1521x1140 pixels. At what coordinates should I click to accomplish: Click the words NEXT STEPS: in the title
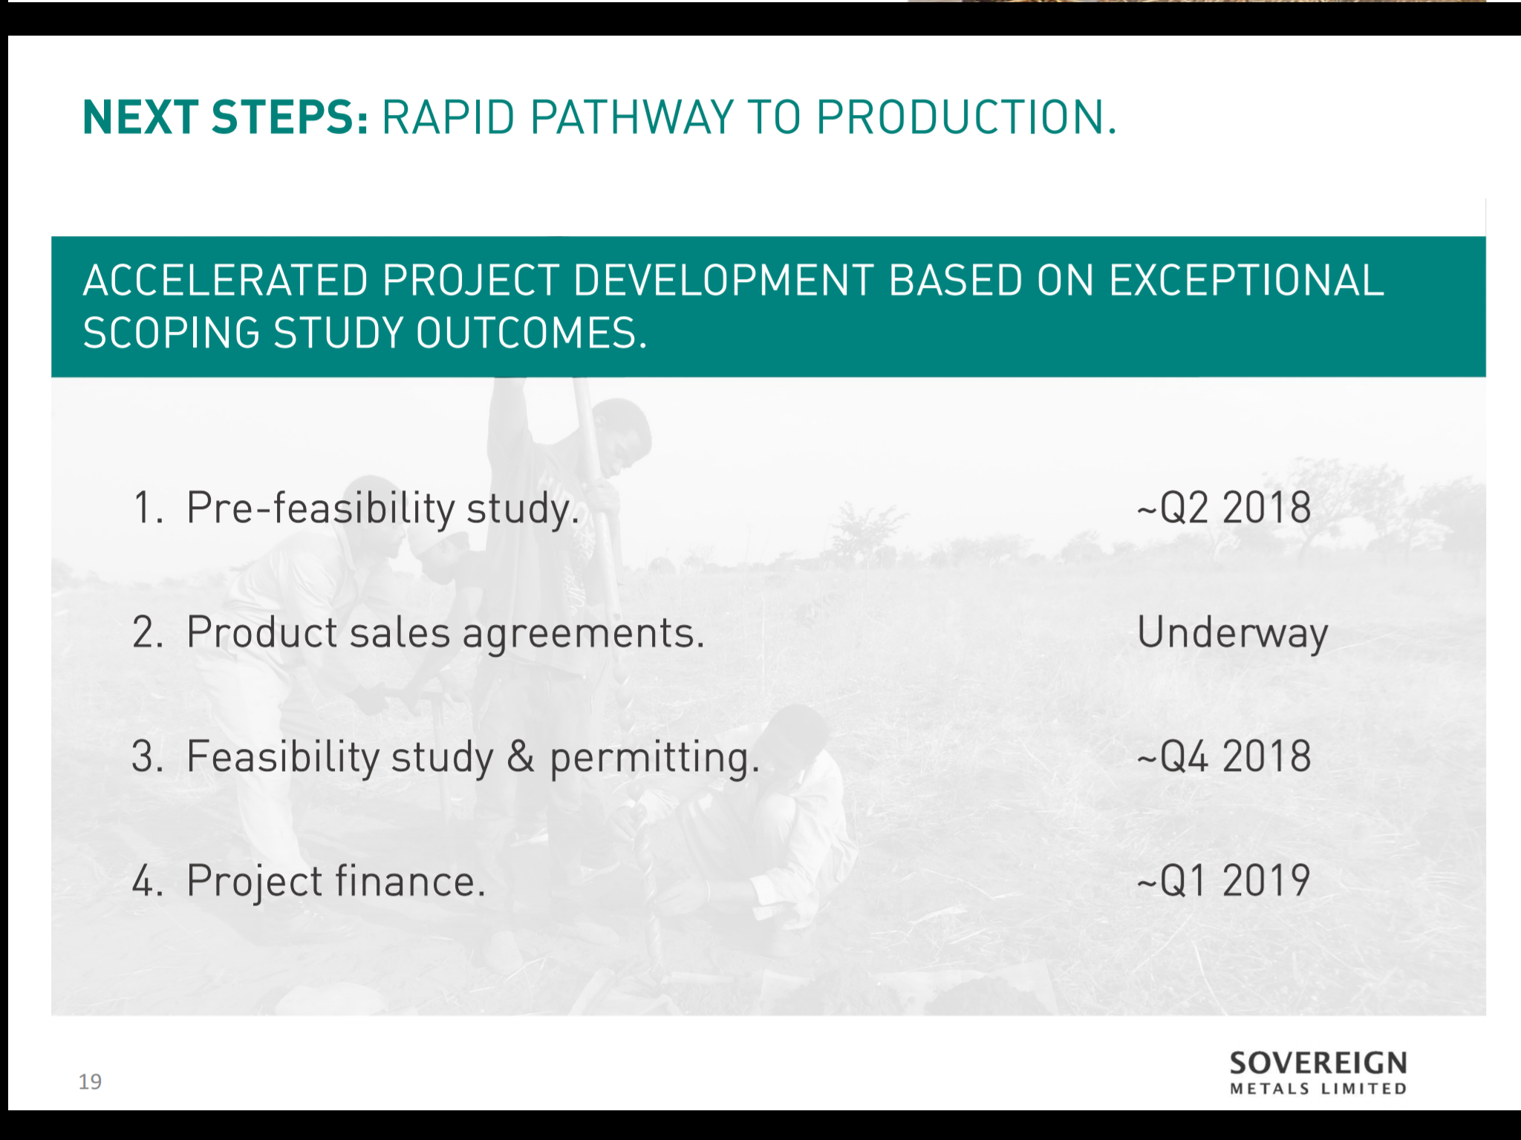coord(226,117)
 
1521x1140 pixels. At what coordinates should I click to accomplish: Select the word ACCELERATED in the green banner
coord(226,281)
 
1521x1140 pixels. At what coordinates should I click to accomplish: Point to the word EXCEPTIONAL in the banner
coord(1246,281)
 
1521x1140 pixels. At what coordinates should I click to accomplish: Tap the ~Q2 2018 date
coord(1224,508)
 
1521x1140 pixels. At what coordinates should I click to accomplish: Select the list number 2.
coord(148,633)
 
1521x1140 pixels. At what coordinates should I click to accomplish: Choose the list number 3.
coord(147,757)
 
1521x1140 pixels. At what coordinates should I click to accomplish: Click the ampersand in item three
coord(521,757)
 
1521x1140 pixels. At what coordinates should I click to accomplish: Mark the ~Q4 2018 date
coord(1224,757)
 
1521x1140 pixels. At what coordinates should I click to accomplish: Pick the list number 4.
coord(147,881)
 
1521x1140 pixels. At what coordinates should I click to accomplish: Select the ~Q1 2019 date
coord(1223,881)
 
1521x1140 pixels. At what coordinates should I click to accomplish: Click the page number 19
coord(90,1082)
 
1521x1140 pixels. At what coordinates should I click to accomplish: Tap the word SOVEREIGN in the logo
coord(1318,1064)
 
